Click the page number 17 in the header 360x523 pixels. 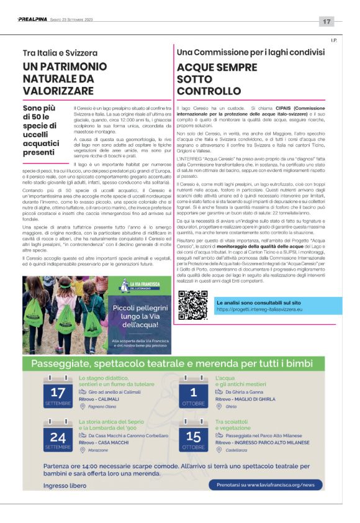click(326, 22)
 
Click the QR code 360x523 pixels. click(192, 304)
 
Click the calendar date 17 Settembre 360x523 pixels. click(58, 394)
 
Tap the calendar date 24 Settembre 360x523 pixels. click(58, 438)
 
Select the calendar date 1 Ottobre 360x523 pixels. click(194, 394)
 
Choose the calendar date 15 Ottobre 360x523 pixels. click(194, 438)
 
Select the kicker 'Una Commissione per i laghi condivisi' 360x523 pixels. click(250, 52)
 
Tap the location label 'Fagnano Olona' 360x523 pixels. click(104, 406)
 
